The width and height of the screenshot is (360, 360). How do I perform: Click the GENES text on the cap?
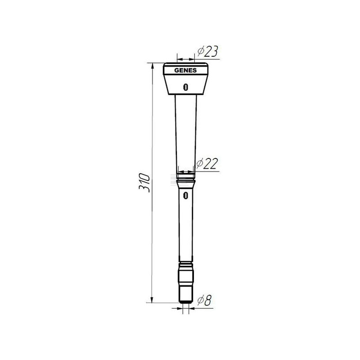tap(185, 70)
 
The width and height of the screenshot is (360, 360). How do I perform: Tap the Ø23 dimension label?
tap(207, 51)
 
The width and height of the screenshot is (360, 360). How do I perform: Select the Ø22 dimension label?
tap(207, 163)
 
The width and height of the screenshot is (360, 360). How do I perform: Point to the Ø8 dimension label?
tap(204, 300)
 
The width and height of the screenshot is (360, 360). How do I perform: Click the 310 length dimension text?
tap(144, 183)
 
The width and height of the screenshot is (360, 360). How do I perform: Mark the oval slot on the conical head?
tap(185, 87)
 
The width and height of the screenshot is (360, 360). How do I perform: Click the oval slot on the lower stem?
tap(186, 196)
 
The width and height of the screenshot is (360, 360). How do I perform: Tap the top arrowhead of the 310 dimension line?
tap(152, 66)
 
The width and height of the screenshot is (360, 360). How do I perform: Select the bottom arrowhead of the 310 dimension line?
tap(152, 300)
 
